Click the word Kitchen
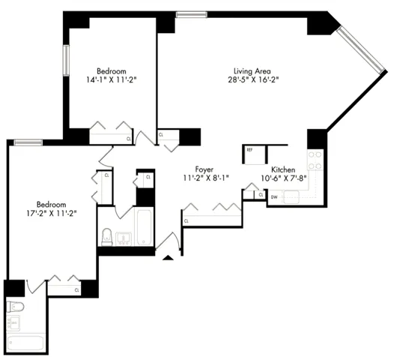click(285, 169)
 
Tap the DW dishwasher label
click(274, 196)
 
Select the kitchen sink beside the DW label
click(291, 196)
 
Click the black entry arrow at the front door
click(169, 259)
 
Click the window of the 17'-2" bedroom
click(28, 142)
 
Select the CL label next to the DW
click(259, 194)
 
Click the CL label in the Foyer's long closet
click(186, 220)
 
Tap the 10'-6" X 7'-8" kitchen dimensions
click(285, 178)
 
